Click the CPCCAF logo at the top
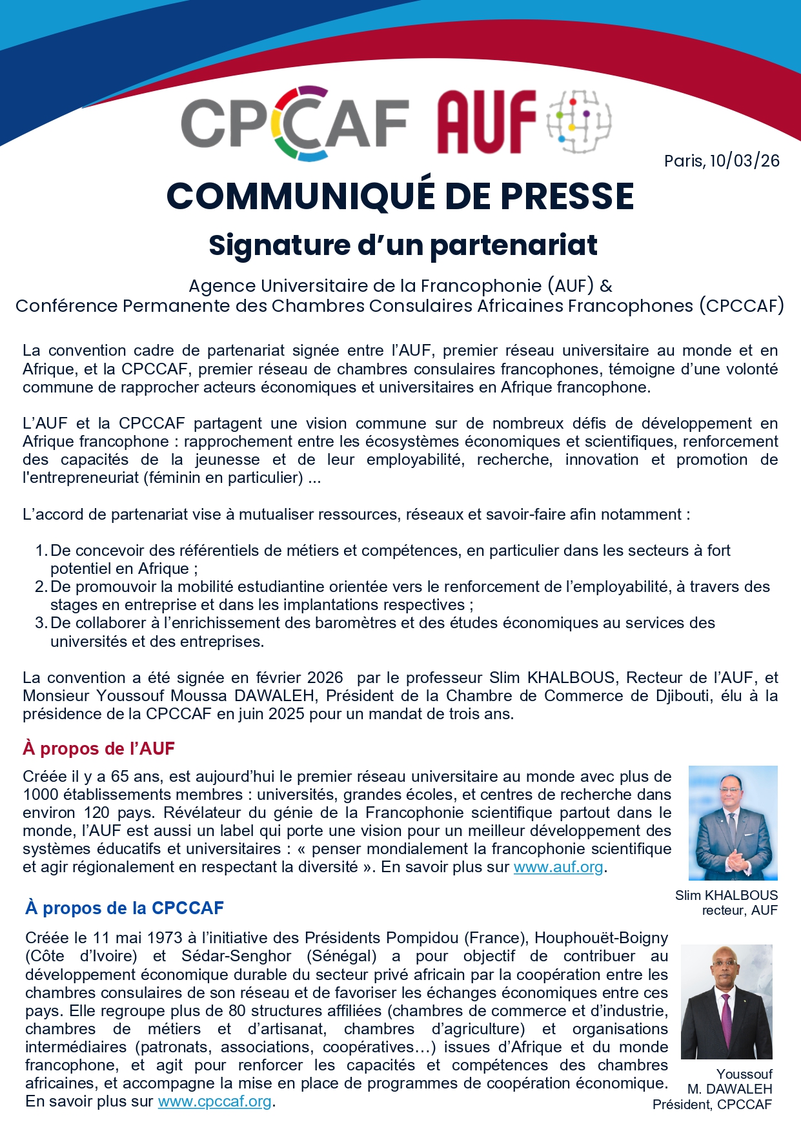pos(294,123)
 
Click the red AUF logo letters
pos(487,122)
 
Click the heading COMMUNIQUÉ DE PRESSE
pos(400,196)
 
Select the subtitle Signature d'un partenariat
pos(403,245)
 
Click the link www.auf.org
pos(558,867)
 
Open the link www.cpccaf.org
pos(214,1101)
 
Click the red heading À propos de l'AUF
pos(99,749)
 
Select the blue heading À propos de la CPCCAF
pos(125,908)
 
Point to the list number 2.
pos(41,587)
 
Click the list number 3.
pos(41,623)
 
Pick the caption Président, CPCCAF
pos(712,1105)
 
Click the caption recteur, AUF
pos(740,910)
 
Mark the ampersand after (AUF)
pos(605,286)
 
